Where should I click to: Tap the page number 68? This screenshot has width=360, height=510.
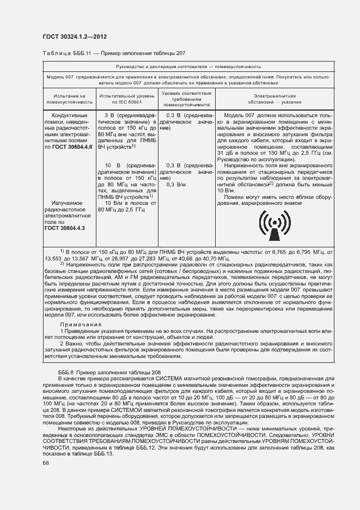45,462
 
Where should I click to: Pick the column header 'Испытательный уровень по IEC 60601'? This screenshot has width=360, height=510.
127,98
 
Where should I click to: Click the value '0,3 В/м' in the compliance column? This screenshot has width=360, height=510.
176,185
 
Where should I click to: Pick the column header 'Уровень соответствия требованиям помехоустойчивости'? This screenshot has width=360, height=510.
186,98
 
